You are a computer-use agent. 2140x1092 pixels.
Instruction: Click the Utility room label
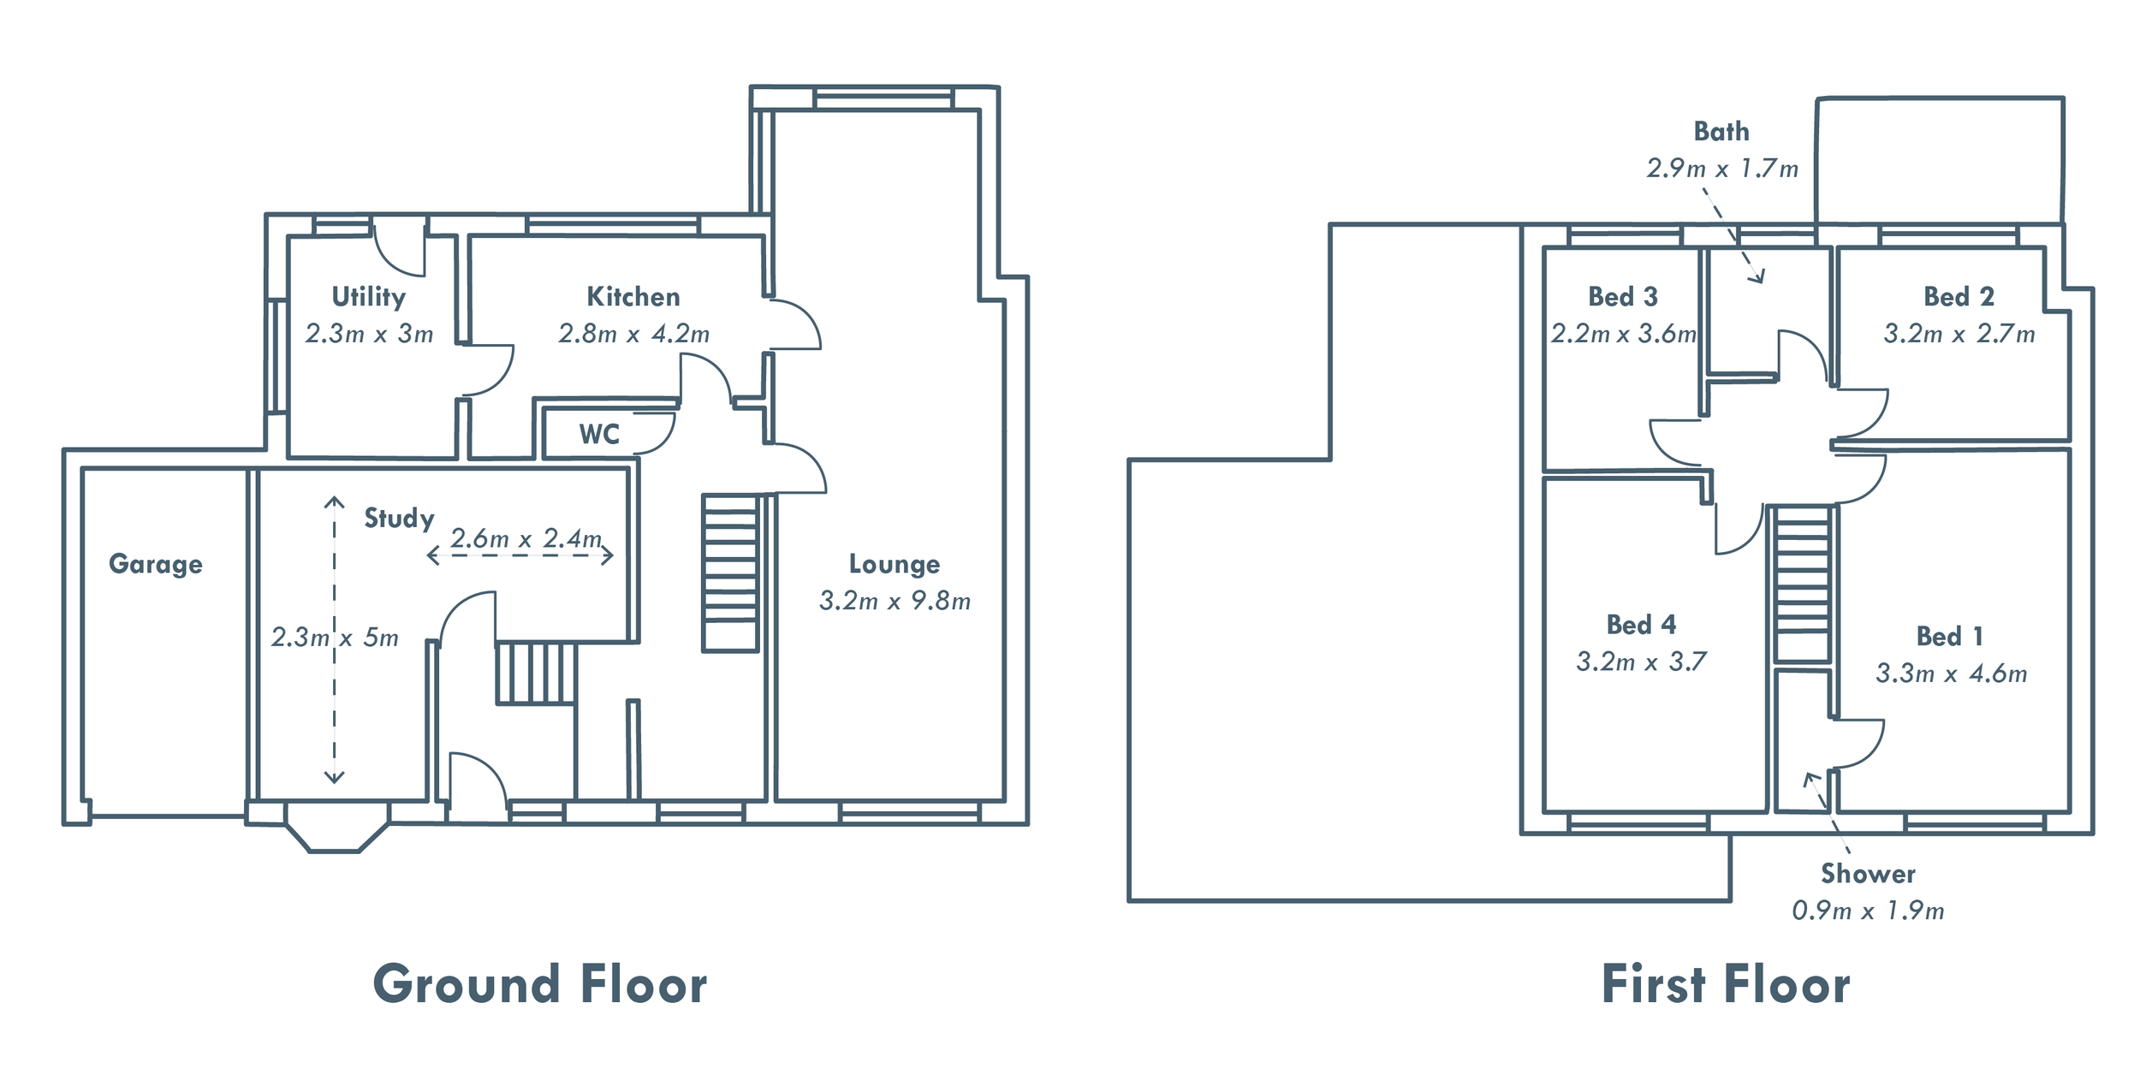pos(369,297)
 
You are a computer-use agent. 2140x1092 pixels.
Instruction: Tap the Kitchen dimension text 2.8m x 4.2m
pos(633,334)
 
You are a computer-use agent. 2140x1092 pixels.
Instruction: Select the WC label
pos(599,434)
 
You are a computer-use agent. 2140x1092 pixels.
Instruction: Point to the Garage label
pos(156,564)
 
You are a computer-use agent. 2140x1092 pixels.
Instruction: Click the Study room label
pos(399,518)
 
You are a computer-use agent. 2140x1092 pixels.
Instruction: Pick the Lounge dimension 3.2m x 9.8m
pos(895,601)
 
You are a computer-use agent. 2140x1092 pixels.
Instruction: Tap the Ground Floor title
pos(540,984)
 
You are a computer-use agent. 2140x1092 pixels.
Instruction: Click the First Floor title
pos(1726,984)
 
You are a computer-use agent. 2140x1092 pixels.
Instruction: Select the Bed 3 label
pos(1623,297)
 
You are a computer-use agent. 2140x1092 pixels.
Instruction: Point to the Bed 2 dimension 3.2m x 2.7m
pos(1959,334)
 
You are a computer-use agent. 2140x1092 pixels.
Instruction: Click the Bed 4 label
pos(1641,625)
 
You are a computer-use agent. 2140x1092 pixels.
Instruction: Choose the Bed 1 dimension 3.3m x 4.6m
pos(1951,674)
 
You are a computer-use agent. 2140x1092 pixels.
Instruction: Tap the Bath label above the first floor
pos(1721,132)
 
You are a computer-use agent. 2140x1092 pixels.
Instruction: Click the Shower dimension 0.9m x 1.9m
pos(1868,911)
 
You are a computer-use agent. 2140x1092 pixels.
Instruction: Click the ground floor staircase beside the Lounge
pos(730,573)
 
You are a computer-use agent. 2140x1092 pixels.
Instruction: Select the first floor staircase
pos(1803,583)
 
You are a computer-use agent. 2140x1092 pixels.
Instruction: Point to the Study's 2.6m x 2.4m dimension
pos(526,538)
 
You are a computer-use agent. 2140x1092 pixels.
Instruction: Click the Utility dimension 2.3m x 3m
pos(369,334)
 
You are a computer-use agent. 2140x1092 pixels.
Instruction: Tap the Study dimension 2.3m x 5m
pos(335,638)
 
